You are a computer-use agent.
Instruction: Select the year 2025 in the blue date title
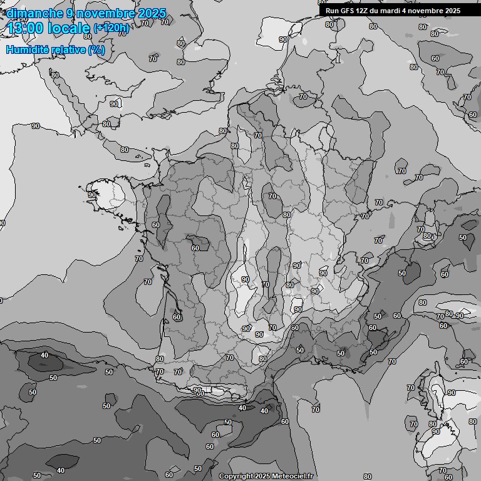151,13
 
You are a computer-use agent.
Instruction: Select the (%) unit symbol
96,49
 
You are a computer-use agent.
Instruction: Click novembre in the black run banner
427,11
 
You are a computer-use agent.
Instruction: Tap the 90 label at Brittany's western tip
92,195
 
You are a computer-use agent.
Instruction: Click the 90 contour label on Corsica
452,393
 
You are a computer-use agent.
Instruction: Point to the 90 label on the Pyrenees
197,390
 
